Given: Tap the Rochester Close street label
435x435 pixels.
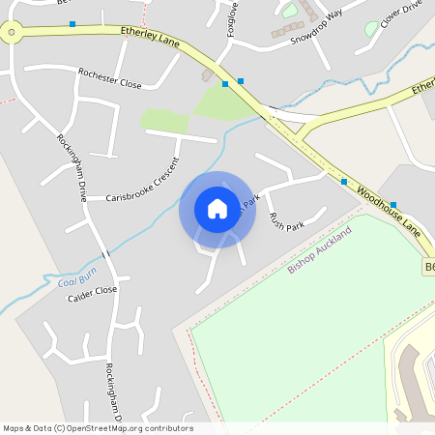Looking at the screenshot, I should click(110, 78).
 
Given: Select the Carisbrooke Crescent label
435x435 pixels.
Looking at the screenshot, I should click(143, 180).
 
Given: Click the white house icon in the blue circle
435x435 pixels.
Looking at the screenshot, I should click(217, 208).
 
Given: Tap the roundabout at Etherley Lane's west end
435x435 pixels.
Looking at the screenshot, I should click(12, 34).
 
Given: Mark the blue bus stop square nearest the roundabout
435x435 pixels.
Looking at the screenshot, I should click(72, 24).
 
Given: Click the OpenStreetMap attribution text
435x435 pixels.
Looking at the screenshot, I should click(98, 428).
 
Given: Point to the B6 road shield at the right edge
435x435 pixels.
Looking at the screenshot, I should click(428, 266).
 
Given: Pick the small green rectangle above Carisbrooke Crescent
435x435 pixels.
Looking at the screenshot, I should click(164, 121).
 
